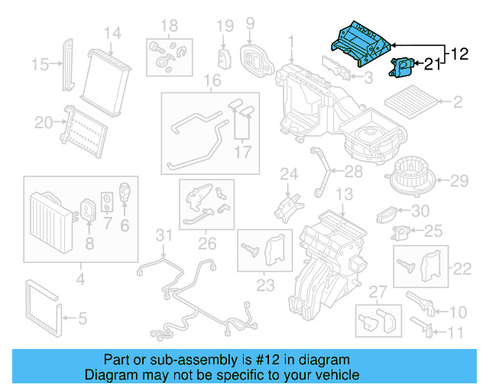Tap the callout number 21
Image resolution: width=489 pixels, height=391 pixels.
pos(432,66)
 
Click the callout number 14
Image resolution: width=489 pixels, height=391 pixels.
pos(112,33)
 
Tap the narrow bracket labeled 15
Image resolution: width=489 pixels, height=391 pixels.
pos(68,63)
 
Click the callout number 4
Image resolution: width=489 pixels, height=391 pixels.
pos(79,280)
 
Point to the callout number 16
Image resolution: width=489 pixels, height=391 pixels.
pos(212,81)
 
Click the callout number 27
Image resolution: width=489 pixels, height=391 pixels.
pos(377,290)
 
